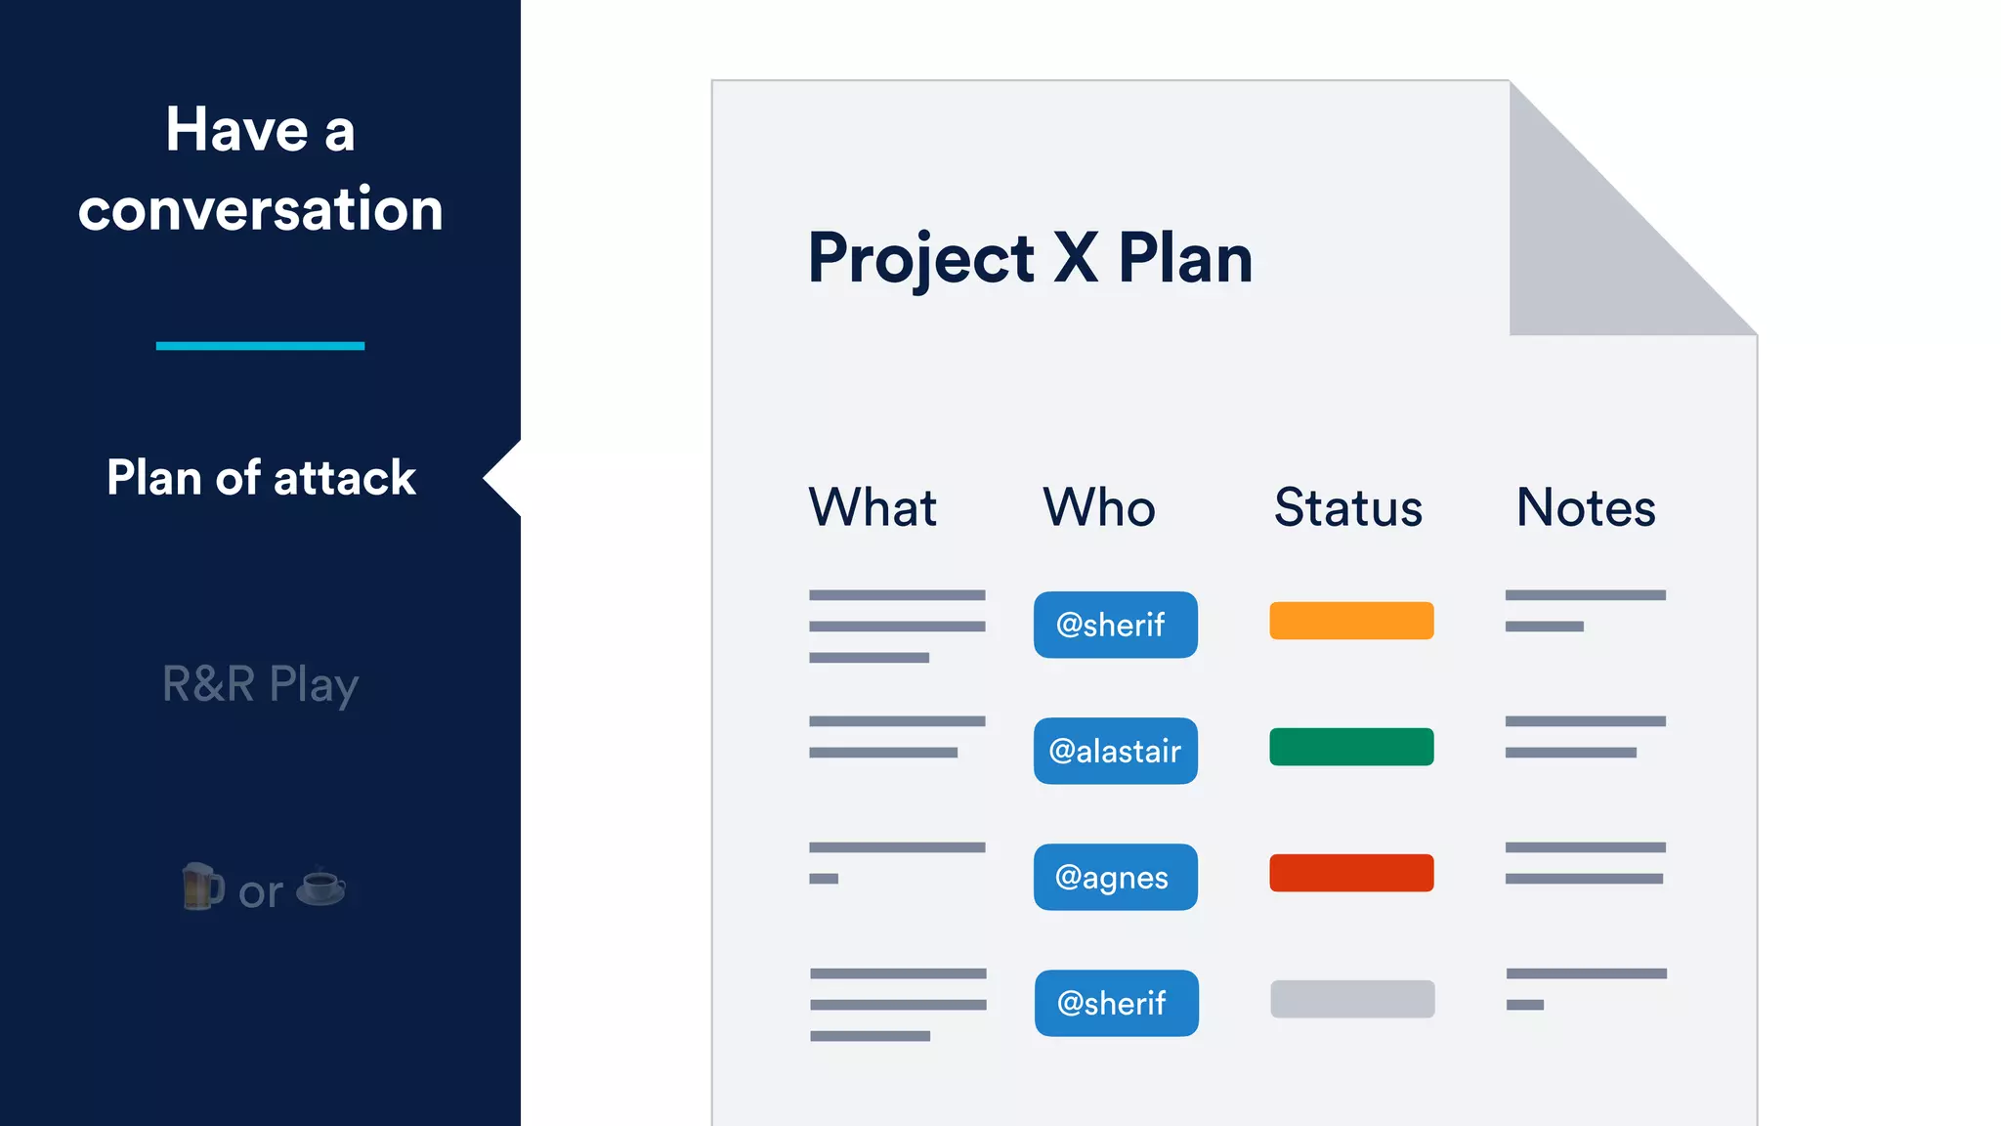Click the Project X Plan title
point(1030,259)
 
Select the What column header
point(873,507)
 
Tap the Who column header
point(1099,507)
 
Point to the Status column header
point(1348,507)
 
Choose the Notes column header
point(1586,507)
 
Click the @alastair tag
point(1116,751)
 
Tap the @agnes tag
point(1116,877)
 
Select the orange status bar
point(1351,621)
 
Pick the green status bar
point(1351,747)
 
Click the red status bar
point(1351,873)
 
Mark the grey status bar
point(1352,999)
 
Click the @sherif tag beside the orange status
point(1116,625)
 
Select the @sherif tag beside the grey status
point(1117,1003)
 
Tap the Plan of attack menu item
point(261,478)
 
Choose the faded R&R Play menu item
point(261,684)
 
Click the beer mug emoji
point(202,887)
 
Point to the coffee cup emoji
point(320,887)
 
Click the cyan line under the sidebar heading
point(260,346)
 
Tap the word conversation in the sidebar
point(261,209)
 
